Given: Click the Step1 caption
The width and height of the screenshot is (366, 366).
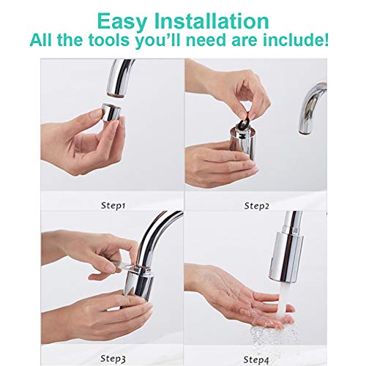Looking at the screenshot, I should (x=112, y=206).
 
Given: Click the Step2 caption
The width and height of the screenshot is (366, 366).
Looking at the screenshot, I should (x=256, y=206).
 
